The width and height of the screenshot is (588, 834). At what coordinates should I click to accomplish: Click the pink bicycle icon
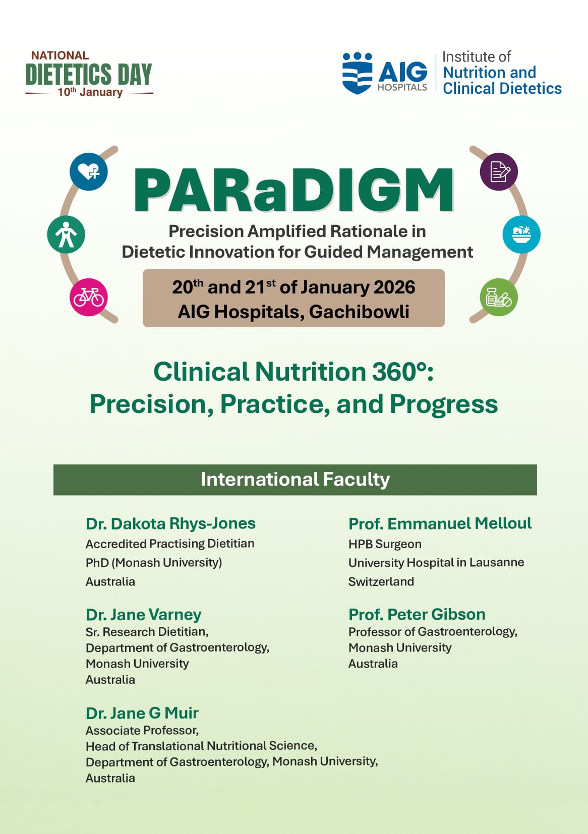coord(89,297)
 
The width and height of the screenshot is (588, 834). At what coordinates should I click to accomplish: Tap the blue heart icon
coord(89,171)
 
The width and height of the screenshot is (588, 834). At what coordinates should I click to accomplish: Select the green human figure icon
coord(66,234)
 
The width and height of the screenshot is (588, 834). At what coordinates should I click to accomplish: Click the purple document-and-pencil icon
coord(499,171)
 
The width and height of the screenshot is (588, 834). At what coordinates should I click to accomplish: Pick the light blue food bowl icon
coord(521,234)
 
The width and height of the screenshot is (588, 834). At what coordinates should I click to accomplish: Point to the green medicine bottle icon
coord(499,297)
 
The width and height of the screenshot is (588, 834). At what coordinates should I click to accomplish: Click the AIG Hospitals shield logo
coord(357,73)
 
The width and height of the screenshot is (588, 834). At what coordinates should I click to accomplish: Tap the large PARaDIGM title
coord(294,190)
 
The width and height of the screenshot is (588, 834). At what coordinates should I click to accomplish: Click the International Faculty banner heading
coord(295,480)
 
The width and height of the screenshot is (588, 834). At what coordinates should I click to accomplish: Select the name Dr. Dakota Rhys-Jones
coord(170,523)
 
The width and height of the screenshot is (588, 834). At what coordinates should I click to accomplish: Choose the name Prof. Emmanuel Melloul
coord(440,523)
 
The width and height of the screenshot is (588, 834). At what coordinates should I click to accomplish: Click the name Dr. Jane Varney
coord(143,615)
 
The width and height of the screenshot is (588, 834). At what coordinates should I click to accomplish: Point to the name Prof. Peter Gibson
coord(417,614)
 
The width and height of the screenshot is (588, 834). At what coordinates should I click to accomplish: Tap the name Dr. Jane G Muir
coord(142,713)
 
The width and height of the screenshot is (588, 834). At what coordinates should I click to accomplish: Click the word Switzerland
coord(381,581)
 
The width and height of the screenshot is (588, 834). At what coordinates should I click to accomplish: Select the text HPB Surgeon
coord(385,544)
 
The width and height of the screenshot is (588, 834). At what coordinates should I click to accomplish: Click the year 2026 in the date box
coord(394,287)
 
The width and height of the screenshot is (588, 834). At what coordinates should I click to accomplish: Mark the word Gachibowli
coord(359,312)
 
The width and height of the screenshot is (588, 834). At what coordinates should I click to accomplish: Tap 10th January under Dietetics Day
coord(90,92)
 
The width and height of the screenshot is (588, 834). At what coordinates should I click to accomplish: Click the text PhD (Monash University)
coord(154,563)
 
